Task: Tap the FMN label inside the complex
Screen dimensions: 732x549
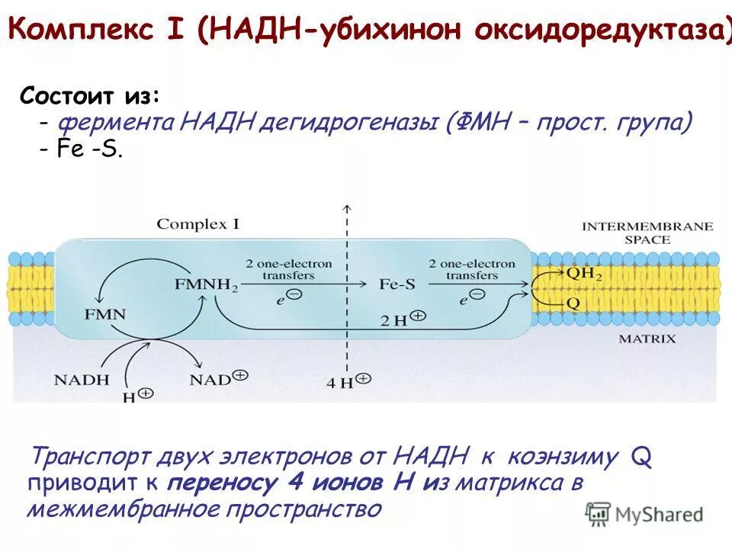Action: [x=104, y=313]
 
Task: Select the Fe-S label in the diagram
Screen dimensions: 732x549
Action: [x=397, y=284]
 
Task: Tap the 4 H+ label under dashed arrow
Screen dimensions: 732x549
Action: [x=348, y=382]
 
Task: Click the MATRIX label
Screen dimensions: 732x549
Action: [x=647, y=339]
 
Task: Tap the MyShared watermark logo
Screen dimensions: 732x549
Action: [x=644, y=514]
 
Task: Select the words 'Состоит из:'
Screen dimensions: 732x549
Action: [x=90, y=96]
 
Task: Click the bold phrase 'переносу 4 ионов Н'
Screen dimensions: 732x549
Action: [x=291, y=483]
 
